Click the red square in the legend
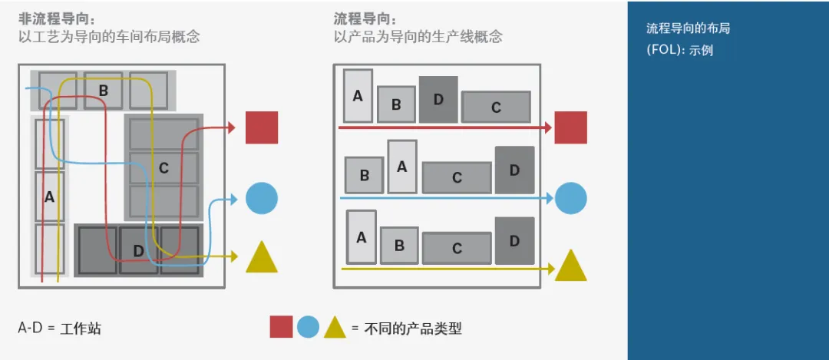[x=281, y=327]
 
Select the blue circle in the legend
[x=308, y=328]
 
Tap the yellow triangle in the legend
[x=334, y=328]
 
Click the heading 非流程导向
[x=51, y=18]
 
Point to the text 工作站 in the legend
[x=81, y=329]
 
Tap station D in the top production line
[x=438, y=99]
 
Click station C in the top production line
[x=496, y=107]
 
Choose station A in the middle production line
[x=401, y=167]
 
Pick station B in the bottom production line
[x=399, y=246]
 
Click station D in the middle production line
[x=514, y=170]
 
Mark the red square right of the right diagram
[x=570, y=127]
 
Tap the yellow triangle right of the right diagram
[x=570, y=266]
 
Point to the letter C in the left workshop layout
[x=163, y=168]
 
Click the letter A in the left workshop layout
[x=49, y=196]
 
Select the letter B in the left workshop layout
[x=103, y=90]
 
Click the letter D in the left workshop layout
[x=138, y=250]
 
